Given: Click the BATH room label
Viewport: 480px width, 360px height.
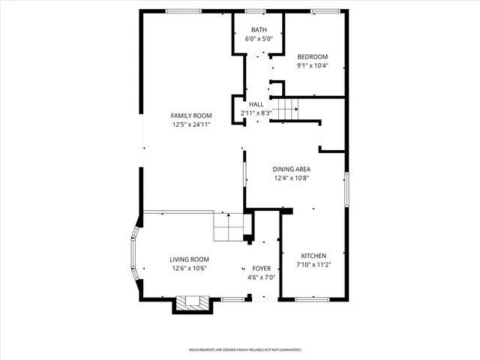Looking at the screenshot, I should click(258, 30).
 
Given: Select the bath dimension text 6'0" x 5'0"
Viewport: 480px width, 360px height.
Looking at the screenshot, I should click(258, 39).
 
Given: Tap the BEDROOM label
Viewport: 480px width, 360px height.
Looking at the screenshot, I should click(312, 57).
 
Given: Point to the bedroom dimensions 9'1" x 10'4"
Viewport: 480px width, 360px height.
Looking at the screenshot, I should click(312, 66).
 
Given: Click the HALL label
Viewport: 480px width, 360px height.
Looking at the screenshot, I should click(256, 104).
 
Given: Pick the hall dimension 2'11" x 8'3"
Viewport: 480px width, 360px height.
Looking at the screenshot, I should click(256, 113).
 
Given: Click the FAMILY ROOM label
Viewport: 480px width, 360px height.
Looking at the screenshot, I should click(190, 115).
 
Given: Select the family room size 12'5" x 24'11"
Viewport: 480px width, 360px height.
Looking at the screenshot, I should click(190, 124).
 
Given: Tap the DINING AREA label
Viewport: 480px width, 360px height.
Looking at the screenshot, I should click(291, 169).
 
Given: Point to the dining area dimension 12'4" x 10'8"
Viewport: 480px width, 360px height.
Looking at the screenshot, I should click(291, 178).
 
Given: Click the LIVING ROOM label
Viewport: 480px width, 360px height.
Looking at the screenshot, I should click(189, 259).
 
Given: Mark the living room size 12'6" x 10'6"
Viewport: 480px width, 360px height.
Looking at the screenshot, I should click(189, 268).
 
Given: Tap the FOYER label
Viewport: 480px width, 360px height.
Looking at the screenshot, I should click(261, 268).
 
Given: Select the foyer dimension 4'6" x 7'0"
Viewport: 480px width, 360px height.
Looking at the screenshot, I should click(261, 277).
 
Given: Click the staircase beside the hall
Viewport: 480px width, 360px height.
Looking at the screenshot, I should click(284, 108).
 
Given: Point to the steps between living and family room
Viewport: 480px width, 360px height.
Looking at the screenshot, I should click(229, 226).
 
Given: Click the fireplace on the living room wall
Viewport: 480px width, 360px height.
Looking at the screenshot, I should click(189, 303).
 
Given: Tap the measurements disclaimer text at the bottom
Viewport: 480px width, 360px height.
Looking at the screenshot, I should click(244, 350).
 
